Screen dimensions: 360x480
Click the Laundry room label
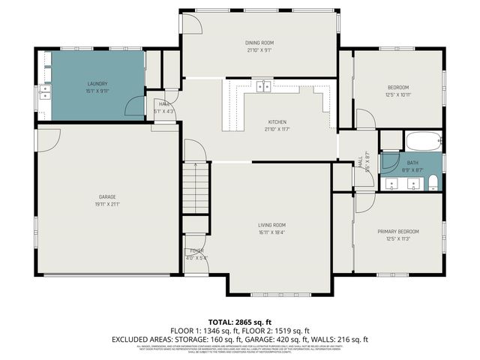[97, 83]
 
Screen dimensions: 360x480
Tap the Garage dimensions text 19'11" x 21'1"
[107, 203]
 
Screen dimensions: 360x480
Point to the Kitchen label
[277, 122]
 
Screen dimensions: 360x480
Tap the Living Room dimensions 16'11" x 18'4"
[273, 232]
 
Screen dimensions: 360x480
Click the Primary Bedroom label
[397, 231]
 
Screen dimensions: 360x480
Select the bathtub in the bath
[424, 141]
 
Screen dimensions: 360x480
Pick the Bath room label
[412, 163]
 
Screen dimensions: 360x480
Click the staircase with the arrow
[196, 187]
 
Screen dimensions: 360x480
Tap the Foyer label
[196, 250]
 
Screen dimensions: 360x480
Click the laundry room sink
[45, 92]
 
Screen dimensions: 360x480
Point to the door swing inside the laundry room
[135, 107]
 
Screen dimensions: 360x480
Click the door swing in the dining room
[192, 23]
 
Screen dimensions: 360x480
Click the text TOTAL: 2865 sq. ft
[239, 321]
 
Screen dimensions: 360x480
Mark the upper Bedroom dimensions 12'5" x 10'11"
[397, 94]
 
